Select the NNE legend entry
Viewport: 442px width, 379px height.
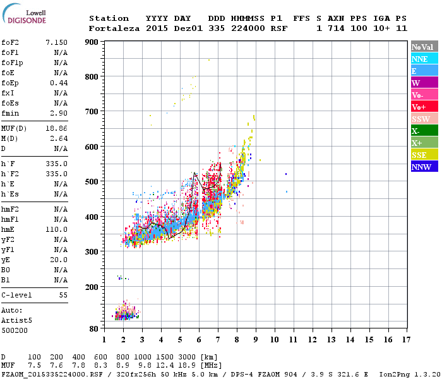tap(424, 59)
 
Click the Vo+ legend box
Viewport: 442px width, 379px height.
tap(424, 107)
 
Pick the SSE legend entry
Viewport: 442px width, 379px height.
tap(424, 155)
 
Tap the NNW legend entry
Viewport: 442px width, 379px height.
tap(424, 167)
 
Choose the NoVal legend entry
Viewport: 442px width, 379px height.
tap(424, 47)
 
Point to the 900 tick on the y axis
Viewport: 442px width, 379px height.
tap(92, 42)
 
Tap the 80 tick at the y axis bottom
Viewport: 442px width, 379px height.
tap(93, 329)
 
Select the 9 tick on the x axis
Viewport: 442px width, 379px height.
tap(256, 339)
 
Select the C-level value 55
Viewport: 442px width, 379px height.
tap(63, 295)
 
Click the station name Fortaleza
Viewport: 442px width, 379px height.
tap(111, 28)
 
